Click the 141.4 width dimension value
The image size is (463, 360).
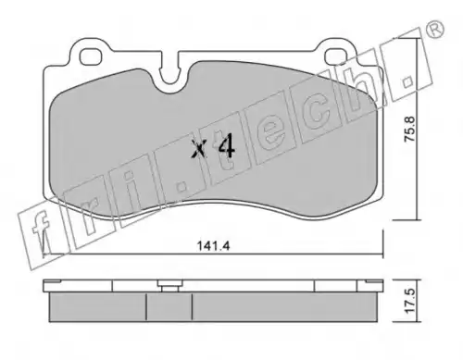click(213, 246)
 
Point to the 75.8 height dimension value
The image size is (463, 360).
click(410, 129)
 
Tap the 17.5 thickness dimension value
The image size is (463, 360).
click(410, 301)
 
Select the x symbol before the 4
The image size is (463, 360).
click(198, 148)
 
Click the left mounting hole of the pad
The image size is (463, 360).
click(91, 56)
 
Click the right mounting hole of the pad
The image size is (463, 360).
click(336, 56)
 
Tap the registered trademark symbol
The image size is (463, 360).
click(435, 31)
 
